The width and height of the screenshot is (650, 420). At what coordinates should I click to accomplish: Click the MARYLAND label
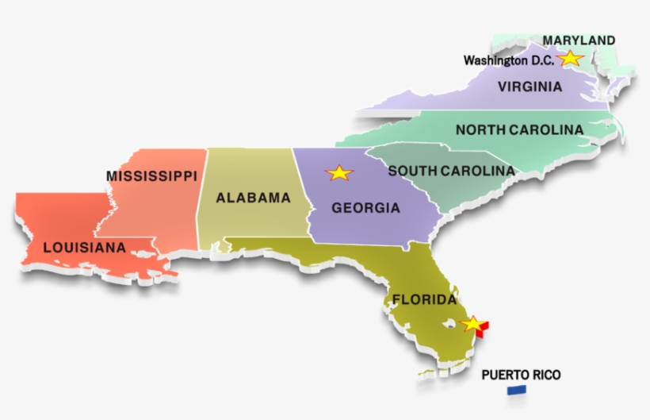(x=579, y=40)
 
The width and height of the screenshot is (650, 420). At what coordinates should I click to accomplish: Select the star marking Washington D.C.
(x=570, y=58)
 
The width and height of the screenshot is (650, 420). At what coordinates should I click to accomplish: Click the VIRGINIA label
(x=530, y=87)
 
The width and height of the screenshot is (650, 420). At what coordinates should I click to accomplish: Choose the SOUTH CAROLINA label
(x=451, y=171)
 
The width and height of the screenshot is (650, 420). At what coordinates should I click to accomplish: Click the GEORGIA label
(x=365, y=208)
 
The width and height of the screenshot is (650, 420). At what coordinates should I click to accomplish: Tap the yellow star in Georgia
(x=339, y=172)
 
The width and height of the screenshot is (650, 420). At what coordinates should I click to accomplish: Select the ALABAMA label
(x=254, y=198)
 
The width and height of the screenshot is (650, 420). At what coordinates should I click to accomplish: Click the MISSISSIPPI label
(x=151, y=175)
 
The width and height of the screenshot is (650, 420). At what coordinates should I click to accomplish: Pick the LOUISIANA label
(x=84, y=248)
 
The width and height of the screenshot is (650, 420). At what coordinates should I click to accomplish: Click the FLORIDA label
(x=424, y=300)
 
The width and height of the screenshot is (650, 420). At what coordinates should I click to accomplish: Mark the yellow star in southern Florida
(x=472, y=323)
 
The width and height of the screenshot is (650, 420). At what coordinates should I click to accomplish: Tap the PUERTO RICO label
(x=521, y=375)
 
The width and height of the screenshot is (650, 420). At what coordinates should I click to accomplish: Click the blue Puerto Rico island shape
(x=517, y=390)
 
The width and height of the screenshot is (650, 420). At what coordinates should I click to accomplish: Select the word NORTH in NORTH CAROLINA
(x=479, y=129)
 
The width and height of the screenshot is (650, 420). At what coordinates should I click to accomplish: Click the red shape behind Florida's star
(x=484, y=326)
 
